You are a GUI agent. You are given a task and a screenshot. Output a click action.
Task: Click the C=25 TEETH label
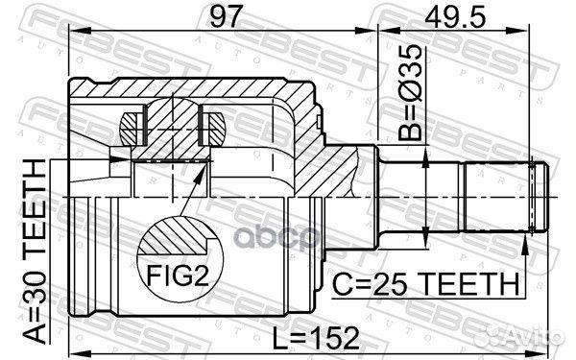[x=428, y=285]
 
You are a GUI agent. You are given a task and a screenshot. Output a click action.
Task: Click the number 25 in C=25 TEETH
[x=393, y=285]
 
